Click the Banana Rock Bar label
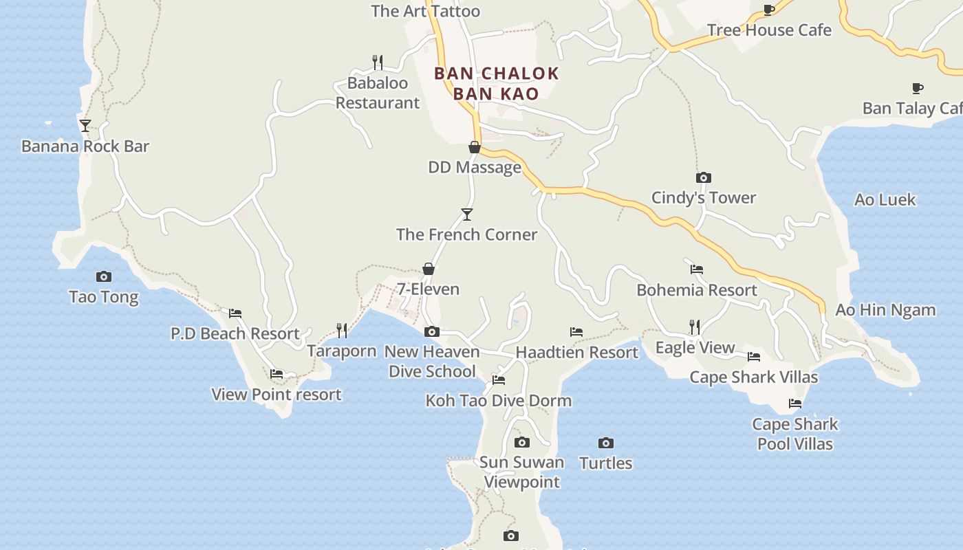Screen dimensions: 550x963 85,146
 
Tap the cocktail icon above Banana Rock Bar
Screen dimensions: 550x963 85,126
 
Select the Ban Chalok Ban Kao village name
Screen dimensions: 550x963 496,83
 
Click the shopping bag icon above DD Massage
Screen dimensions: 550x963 474,147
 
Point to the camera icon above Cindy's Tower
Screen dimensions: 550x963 703,177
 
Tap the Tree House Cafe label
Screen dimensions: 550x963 769,30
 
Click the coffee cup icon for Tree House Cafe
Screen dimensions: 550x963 769,10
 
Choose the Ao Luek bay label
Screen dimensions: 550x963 885,200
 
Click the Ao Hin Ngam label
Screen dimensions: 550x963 885,310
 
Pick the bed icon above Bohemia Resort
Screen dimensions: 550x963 697,269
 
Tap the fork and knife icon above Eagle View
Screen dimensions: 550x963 695,327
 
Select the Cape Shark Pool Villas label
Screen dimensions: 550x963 795,434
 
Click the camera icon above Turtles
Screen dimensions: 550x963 605,443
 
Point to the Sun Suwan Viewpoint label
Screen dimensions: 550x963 521,472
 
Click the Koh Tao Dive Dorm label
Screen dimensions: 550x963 498,400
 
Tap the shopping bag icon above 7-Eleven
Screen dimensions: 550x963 429,269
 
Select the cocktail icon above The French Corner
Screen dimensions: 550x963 467,214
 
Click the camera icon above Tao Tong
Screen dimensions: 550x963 104,277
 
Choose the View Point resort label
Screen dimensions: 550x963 276,395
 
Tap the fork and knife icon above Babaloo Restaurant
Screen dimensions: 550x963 377,63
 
